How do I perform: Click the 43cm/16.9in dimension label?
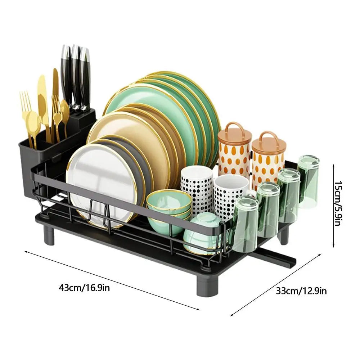(84, 288)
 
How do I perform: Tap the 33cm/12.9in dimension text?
(301, 291)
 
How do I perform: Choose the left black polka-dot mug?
(197, 187)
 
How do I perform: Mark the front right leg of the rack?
(204, 286)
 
